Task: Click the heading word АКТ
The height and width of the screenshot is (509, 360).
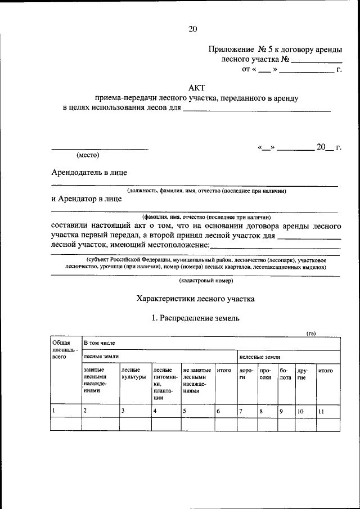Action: [x=196, y=87]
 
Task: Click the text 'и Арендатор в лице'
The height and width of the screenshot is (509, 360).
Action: [x=85, y=199]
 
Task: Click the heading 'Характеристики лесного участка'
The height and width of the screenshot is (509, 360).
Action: [x=196, y=299]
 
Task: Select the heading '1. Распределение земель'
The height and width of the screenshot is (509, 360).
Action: [x=196, y=318]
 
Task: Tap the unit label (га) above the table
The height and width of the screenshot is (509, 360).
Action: [x=310, y=334]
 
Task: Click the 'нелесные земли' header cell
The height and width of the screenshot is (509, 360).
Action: [x=259, y=357]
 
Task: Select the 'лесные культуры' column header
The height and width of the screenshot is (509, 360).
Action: [x=133, y=373]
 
